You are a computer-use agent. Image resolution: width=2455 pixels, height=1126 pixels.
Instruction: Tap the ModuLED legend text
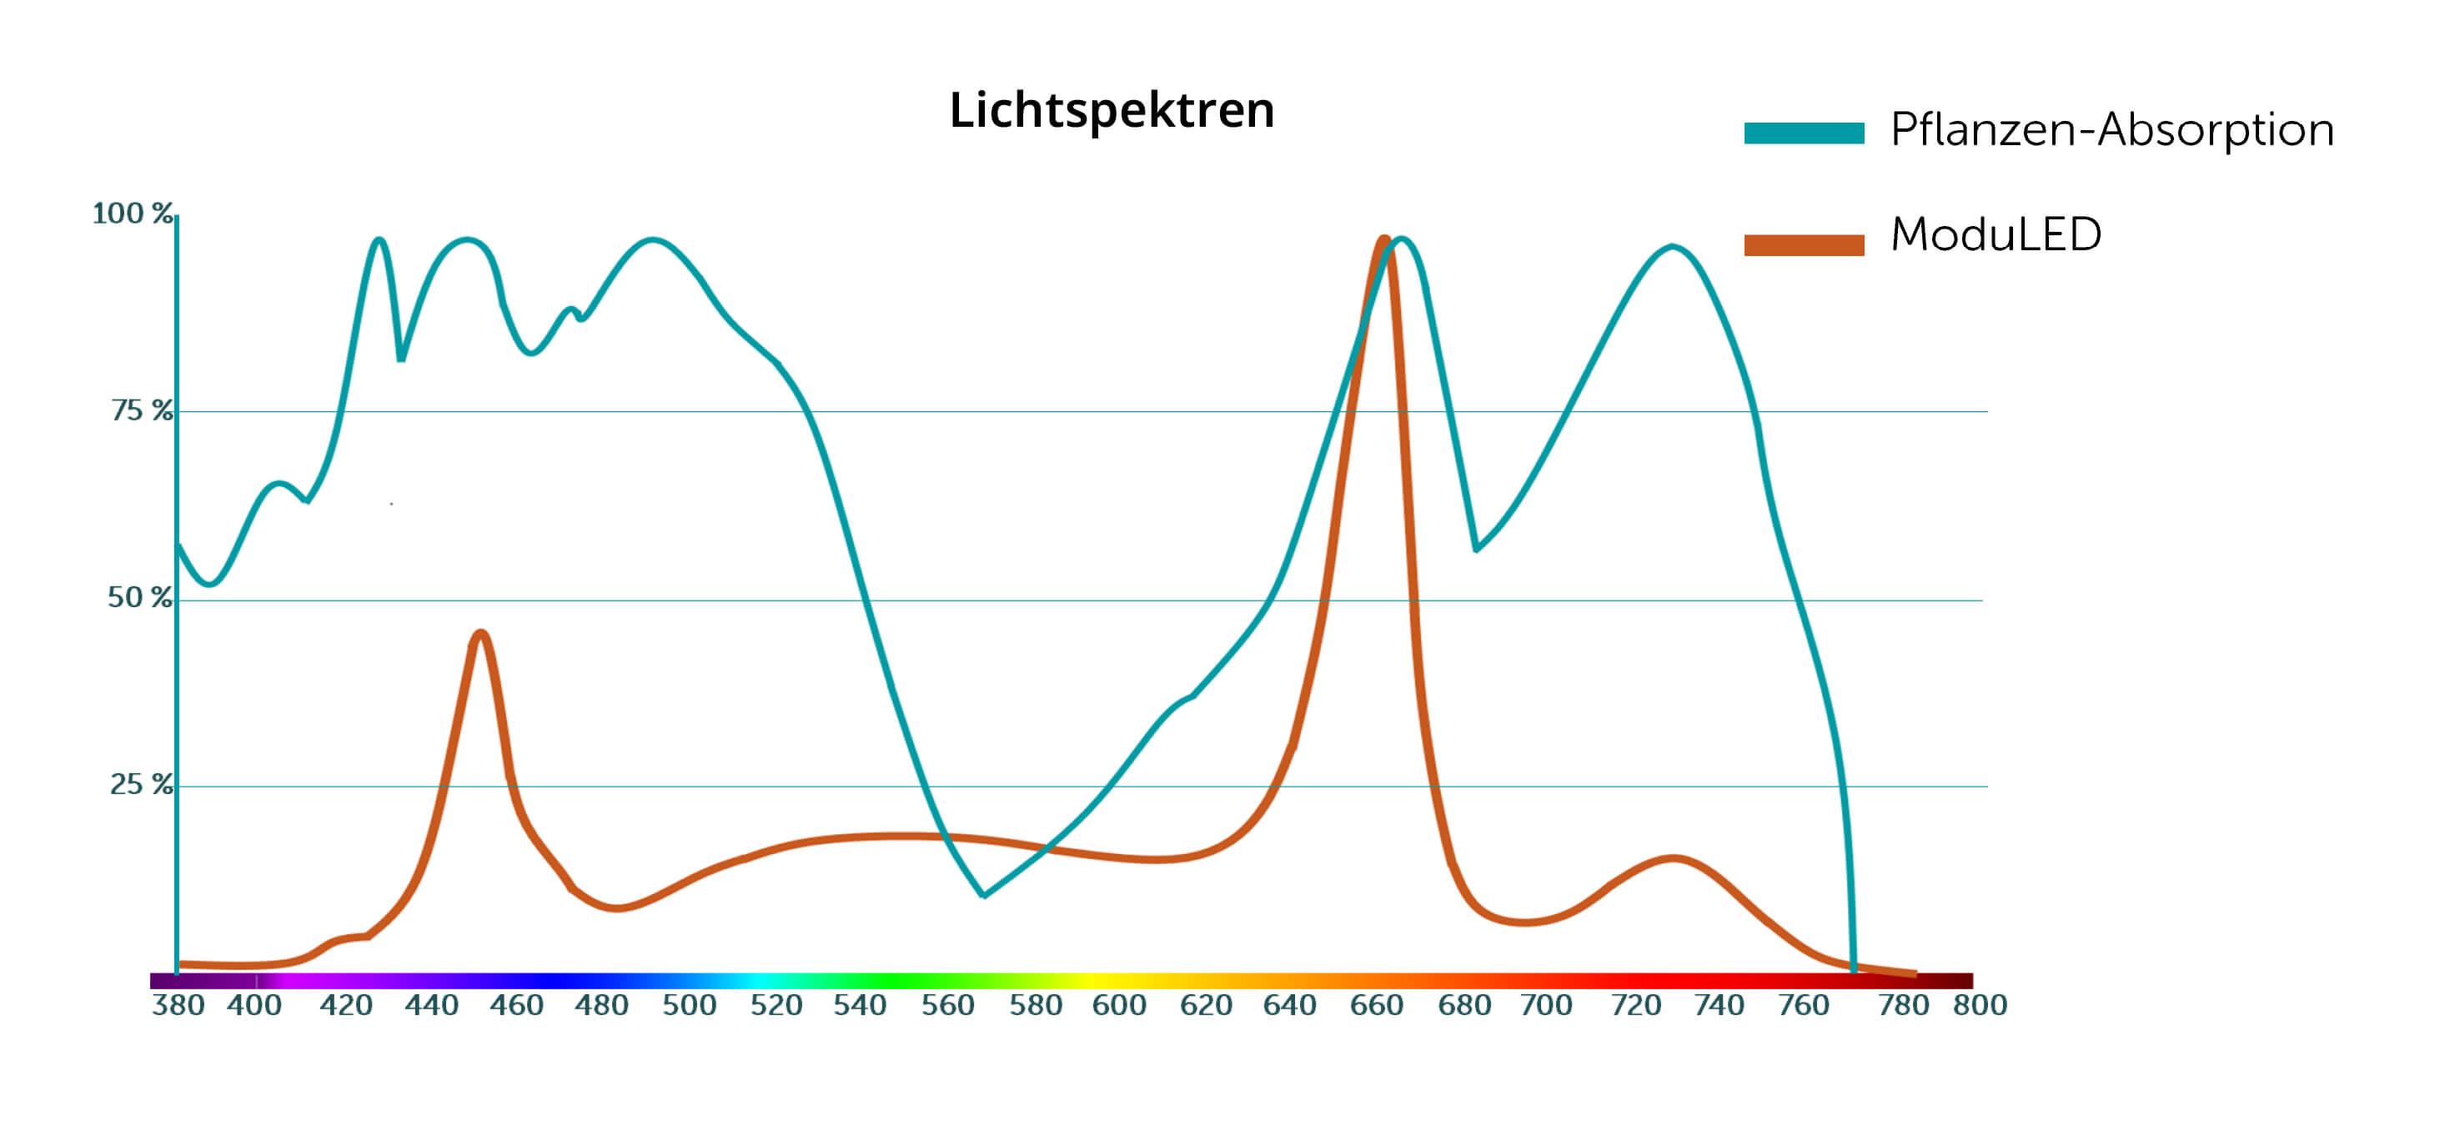click(x=1996, y=234)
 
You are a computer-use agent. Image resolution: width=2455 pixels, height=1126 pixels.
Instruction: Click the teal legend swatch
click(x=1803, y=133)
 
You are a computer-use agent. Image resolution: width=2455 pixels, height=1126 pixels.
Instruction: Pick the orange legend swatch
click(x=1803, y=245)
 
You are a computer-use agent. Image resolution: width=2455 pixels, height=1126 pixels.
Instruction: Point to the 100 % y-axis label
click(x=133, y=214)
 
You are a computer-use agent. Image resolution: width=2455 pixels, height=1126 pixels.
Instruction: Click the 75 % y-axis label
click(x=142, y=411)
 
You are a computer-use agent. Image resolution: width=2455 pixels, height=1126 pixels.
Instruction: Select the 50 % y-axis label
click(x=140, y=598)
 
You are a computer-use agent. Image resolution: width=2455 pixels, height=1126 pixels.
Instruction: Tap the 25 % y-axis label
click(x=141, y=785)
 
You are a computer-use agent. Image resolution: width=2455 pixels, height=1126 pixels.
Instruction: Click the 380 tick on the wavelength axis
click(x=178, y=1005)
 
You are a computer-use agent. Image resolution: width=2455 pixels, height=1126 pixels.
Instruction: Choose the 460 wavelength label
click(x=516, y=1005)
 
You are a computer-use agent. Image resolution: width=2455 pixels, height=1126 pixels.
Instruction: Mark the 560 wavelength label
click(x=947, y=1005)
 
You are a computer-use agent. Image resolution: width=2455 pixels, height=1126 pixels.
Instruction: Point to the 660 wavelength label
click(x=1376, y=1005)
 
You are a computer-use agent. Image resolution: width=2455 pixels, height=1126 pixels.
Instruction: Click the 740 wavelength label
click(x=1719, y=1005)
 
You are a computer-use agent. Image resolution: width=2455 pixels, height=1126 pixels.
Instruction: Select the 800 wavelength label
click(x=1980, y=1005)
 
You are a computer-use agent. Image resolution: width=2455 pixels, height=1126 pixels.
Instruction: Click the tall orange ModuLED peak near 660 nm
click(x=1383, y=239)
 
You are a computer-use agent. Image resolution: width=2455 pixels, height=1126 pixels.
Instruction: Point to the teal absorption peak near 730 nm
click(x=1672, y=247)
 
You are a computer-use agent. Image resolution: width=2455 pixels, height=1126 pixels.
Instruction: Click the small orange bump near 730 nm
click(x=1674, y=859)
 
